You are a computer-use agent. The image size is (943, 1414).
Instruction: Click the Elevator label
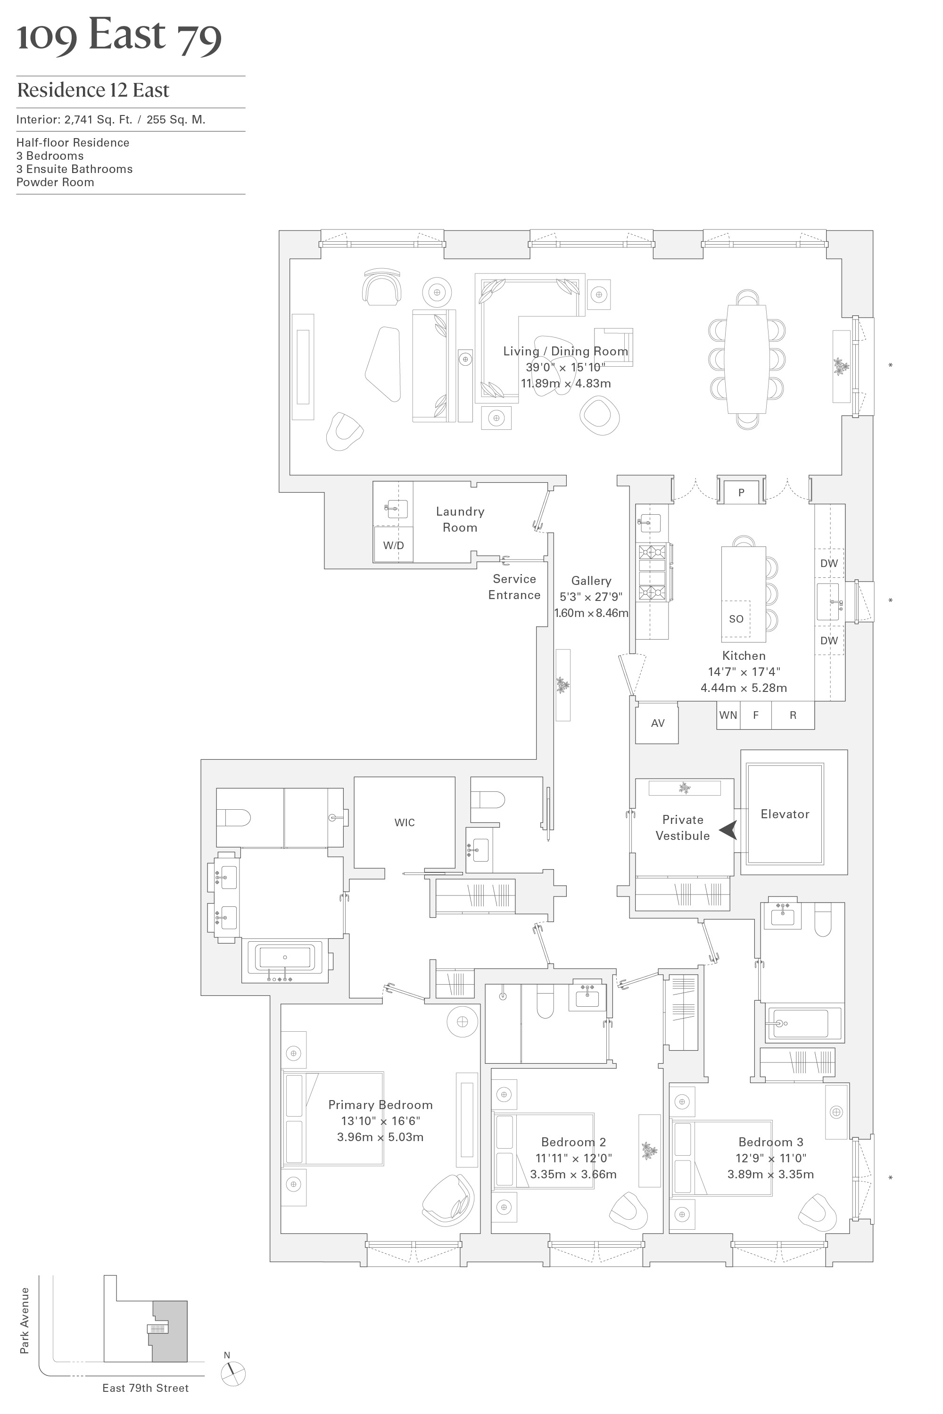pos(785,814)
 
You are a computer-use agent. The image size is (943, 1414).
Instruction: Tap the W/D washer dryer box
pos(393,545)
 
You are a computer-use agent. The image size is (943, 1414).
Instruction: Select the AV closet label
pos(657,723)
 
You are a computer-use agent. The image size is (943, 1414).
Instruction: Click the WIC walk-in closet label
pos(404,822)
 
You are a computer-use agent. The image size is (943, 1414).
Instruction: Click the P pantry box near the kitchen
pos(741,493)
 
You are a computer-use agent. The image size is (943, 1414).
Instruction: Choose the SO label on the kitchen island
pos(736,618)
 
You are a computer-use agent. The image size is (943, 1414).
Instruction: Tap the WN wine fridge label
pos(728,715)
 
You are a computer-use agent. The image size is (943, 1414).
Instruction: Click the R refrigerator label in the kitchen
pos(793,715)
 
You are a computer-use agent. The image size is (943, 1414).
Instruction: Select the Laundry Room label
pos(460,519)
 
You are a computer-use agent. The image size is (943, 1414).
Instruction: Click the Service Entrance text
pos(514,587)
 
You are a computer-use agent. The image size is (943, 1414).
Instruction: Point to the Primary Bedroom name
pos(380,1104)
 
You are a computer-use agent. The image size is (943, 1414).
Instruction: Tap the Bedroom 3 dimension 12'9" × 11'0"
pos(770,1158)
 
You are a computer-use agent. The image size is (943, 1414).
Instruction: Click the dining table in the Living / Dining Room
pos(746,359)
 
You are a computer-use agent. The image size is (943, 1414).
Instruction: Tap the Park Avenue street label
pos(25,1320)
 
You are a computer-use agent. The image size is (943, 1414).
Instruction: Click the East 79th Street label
pos(146,1388)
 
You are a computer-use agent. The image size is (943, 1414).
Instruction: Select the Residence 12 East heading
pos(93,90)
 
